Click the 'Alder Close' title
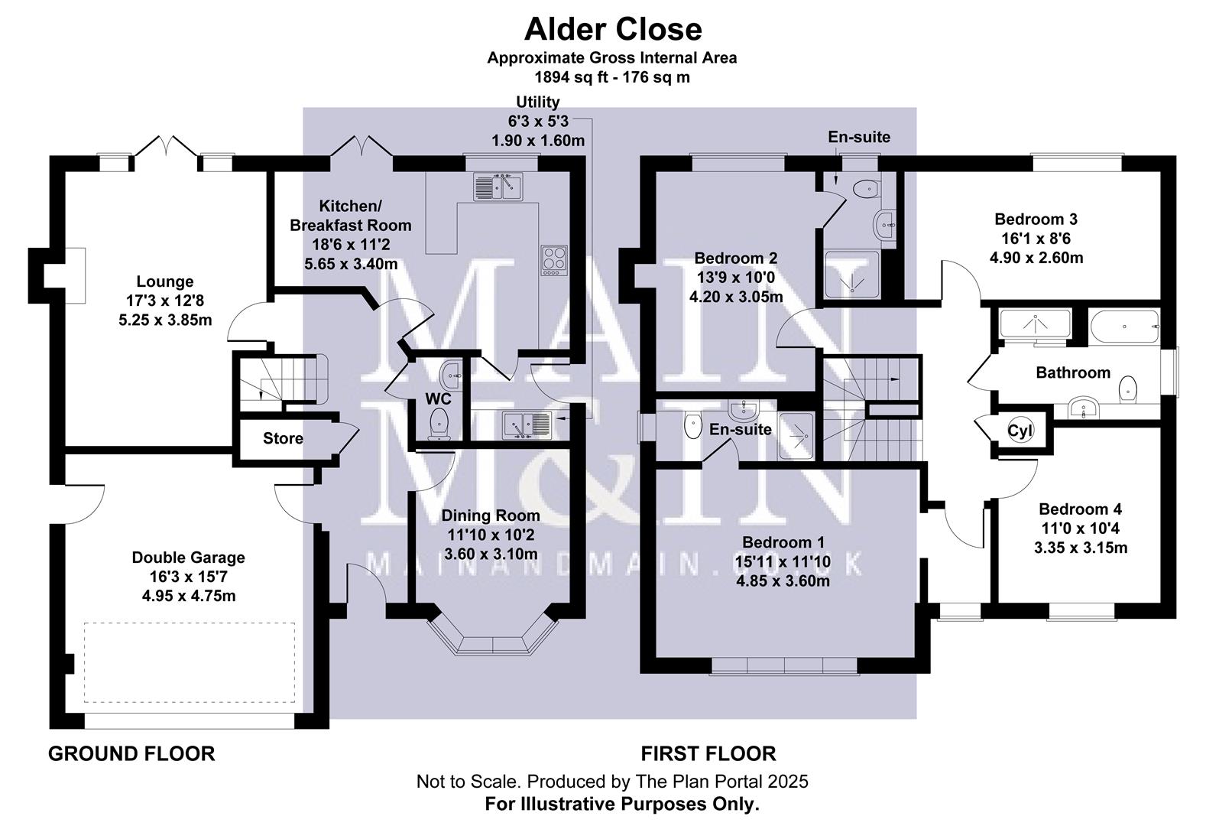point(612,29)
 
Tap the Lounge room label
point(164,281)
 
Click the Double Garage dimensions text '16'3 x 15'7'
point(188,577)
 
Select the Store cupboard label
point(283,438)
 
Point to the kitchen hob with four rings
point(554,259)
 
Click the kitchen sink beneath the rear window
point(498,187)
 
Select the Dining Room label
point(491,516)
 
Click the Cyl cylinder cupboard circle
point(1020,431)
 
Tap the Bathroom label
point(1072,372)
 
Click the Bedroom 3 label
point(1036,220)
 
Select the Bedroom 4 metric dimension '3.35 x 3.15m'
point(1081,548)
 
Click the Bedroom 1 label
point(783,543)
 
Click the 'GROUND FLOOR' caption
point(131,754)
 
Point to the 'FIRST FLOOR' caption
point(708,754)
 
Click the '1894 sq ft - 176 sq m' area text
point(612,76)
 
